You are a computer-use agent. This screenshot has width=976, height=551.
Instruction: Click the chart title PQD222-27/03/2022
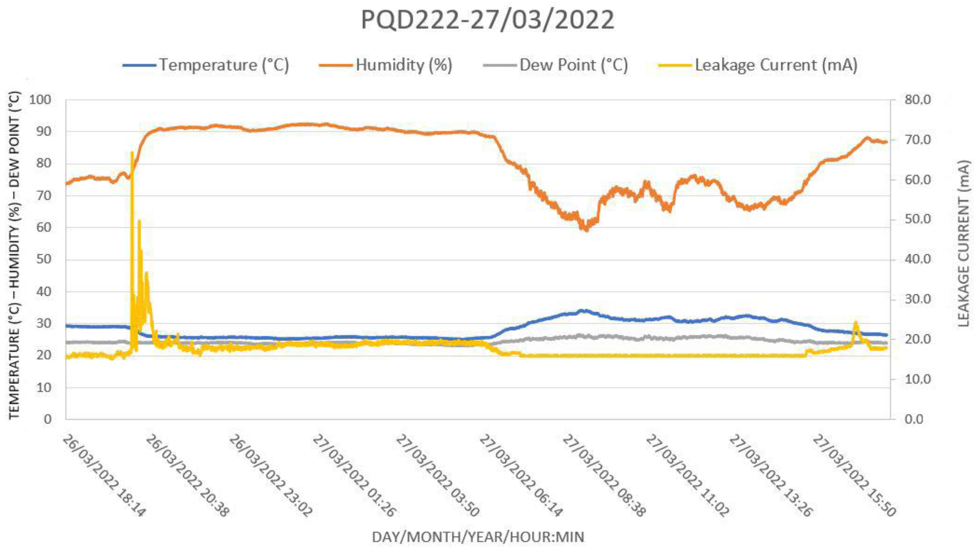pyautogui.click(x=488, y=20)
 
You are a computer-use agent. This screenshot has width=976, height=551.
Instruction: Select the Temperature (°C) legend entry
pyautogui.click(x=224, y=65)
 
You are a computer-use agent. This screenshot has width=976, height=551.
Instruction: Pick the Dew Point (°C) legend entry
pyautogui.click(x=573, y=65)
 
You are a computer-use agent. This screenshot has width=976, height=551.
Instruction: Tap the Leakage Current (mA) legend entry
pyautogui.click(x=776, y=65)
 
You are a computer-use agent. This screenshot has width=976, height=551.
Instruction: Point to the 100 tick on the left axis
pyautogui.click(x=40, y=100)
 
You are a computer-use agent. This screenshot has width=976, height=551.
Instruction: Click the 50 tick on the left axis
pyautogui.click(x=43, y=259)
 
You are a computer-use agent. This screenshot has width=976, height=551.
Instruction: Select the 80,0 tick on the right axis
pyautogui.click(x=917, y=100)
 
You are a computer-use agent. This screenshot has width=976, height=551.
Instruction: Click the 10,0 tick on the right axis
pyautogui.click(x=917, y=379)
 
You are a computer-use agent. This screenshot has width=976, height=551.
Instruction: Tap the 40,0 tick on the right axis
pyautogui.click(x=917, y=259)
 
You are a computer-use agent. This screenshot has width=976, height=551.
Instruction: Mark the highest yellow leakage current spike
pyautogui.click(x=131, y=153)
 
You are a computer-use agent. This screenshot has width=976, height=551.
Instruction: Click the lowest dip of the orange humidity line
pyautogui.click(x=586, y=229)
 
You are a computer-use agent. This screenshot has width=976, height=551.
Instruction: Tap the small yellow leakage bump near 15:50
pyautogui.click(x=855, y=323)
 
